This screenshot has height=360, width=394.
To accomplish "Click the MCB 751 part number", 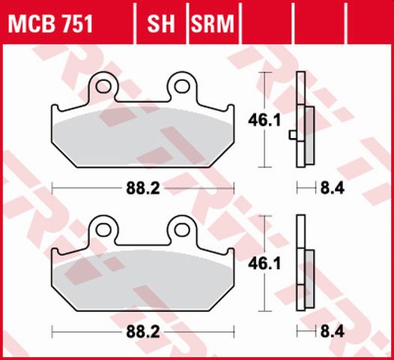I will (50, 25).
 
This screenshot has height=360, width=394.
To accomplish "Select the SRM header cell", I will (213, 25).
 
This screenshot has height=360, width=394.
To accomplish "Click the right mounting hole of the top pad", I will (180, 85).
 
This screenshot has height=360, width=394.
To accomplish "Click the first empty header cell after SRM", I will (268, 25).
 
